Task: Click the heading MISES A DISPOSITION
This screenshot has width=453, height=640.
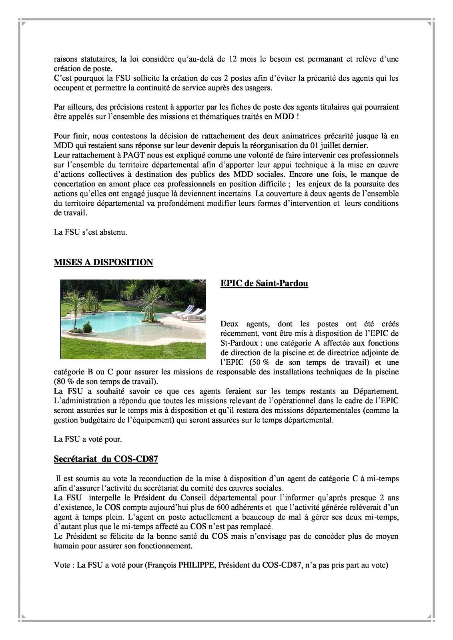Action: [103, 262]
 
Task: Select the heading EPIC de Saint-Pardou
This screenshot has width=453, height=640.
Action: [264, 284]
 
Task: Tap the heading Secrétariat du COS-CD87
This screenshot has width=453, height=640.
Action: [106, 459]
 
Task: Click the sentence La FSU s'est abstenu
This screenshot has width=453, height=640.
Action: [90, 232]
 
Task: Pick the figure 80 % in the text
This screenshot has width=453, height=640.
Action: [64, 382]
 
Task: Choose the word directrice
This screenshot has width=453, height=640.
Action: [345, 353]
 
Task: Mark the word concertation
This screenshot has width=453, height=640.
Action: [75, 184]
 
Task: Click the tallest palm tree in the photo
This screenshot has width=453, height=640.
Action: [151, 302]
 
